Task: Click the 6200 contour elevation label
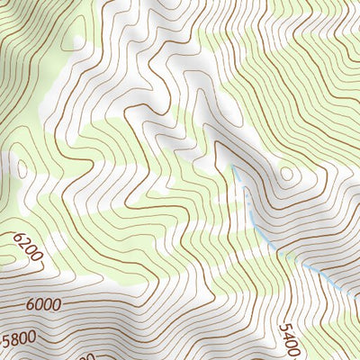29,247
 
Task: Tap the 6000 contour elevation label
43,305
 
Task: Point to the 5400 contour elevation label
290,340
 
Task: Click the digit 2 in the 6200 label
25,243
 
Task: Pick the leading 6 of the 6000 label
31,306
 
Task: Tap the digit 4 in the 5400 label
287,336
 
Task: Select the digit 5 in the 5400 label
284,328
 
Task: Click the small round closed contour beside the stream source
286,174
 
